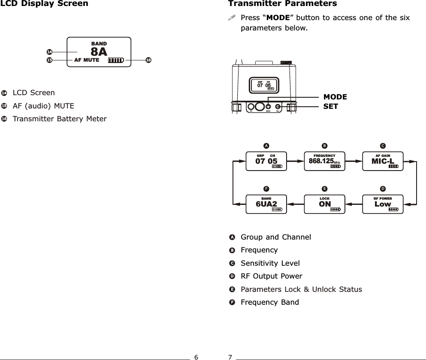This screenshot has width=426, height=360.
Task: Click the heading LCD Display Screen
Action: pos(44,4)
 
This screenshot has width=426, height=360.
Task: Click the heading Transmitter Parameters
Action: pos(282,4)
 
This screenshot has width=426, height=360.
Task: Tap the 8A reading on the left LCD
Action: pos(99,52)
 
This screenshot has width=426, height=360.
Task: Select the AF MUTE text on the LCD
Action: pos(87,60)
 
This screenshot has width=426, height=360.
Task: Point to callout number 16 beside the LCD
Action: pos(148,60)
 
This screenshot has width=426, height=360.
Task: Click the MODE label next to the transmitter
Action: pos(335,97)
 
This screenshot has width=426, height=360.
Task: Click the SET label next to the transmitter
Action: pos(330,106)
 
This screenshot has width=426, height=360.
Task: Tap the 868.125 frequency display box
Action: pos(325,161)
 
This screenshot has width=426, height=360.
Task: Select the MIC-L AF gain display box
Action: pos(383,161)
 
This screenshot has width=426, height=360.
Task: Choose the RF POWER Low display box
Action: pos(383,204)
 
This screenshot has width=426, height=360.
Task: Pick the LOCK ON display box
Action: pos(325,204)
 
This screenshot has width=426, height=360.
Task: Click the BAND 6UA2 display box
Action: pos(266,204)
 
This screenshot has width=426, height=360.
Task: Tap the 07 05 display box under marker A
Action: pos(266,161)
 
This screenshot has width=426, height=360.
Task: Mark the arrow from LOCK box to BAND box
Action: pos(296,204)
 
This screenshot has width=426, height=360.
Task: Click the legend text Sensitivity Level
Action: pos(270,263)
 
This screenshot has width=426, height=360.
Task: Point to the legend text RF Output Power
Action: pos(272,276)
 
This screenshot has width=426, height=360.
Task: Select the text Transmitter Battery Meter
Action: pos(60,119)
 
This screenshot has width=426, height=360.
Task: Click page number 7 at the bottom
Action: pos(230,357)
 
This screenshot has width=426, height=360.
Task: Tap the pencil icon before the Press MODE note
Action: pos(232,18)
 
